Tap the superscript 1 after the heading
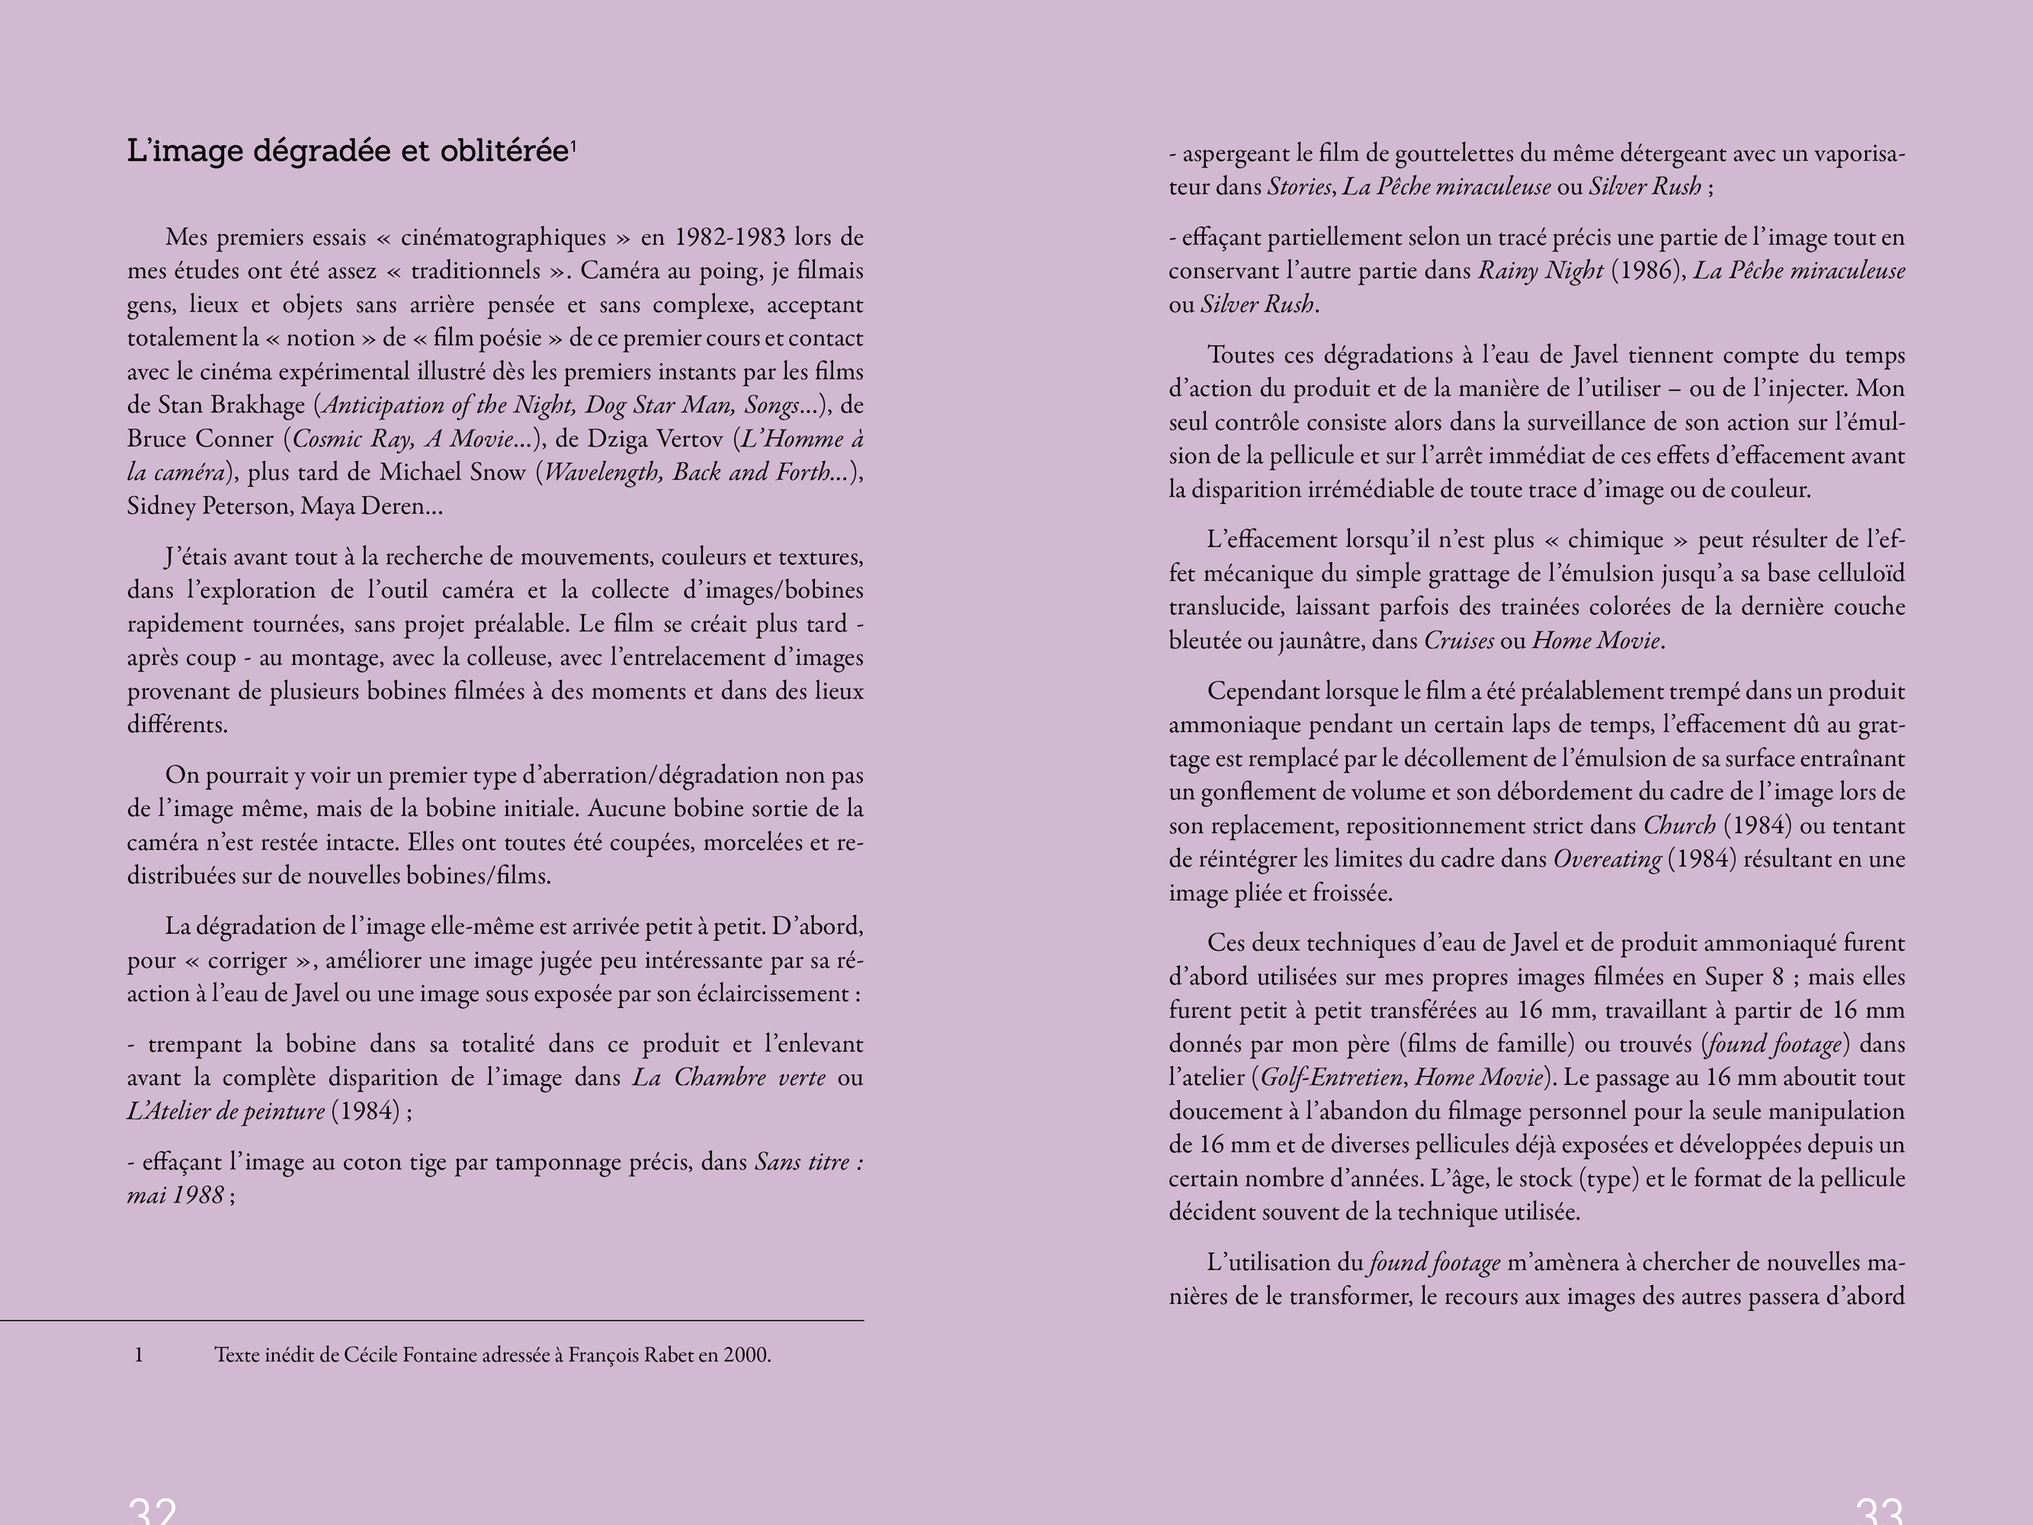[x=573, y=144]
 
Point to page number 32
[x=152, y=1511]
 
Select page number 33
[x=1878, y=1511]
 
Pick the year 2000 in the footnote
[x=746, y=1355]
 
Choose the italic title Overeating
[x=1607, y=859]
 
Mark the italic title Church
[x=1679, y=826]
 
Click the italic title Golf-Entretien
[x=1331, y=1077]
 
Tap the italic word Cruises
[x=1458, y=640]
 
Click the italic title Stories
[x=1300, y=187]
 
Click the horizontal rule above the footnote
[x=432, y=1321]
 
